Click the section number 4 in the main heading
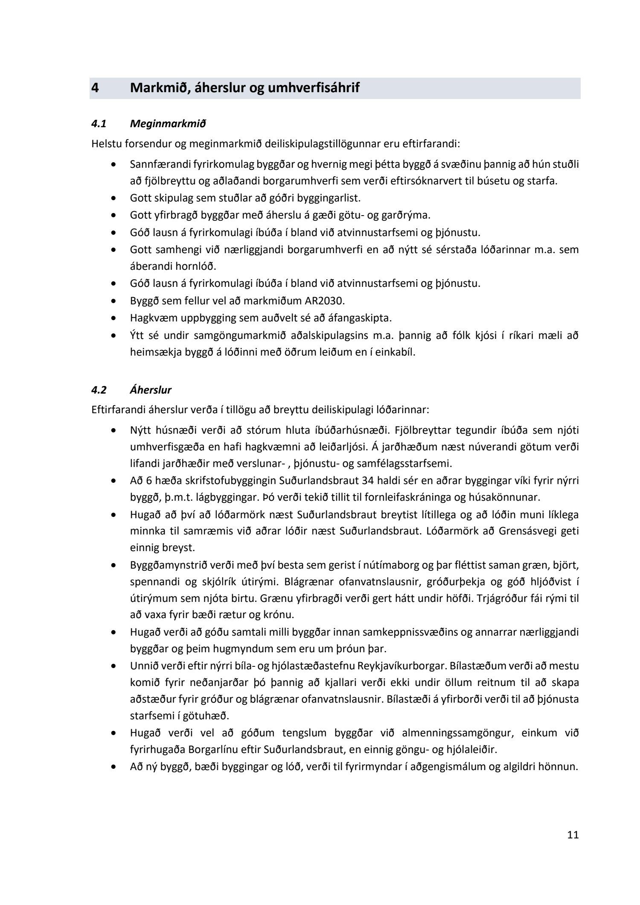[x=95, y=88]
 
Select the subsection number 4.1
[x=99, y=124]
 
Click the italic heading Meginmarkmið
[x=168, y=124]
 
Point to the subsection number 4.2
[x=99, y=390]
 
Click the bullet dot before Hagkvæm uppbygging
[x=113, y=318]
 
